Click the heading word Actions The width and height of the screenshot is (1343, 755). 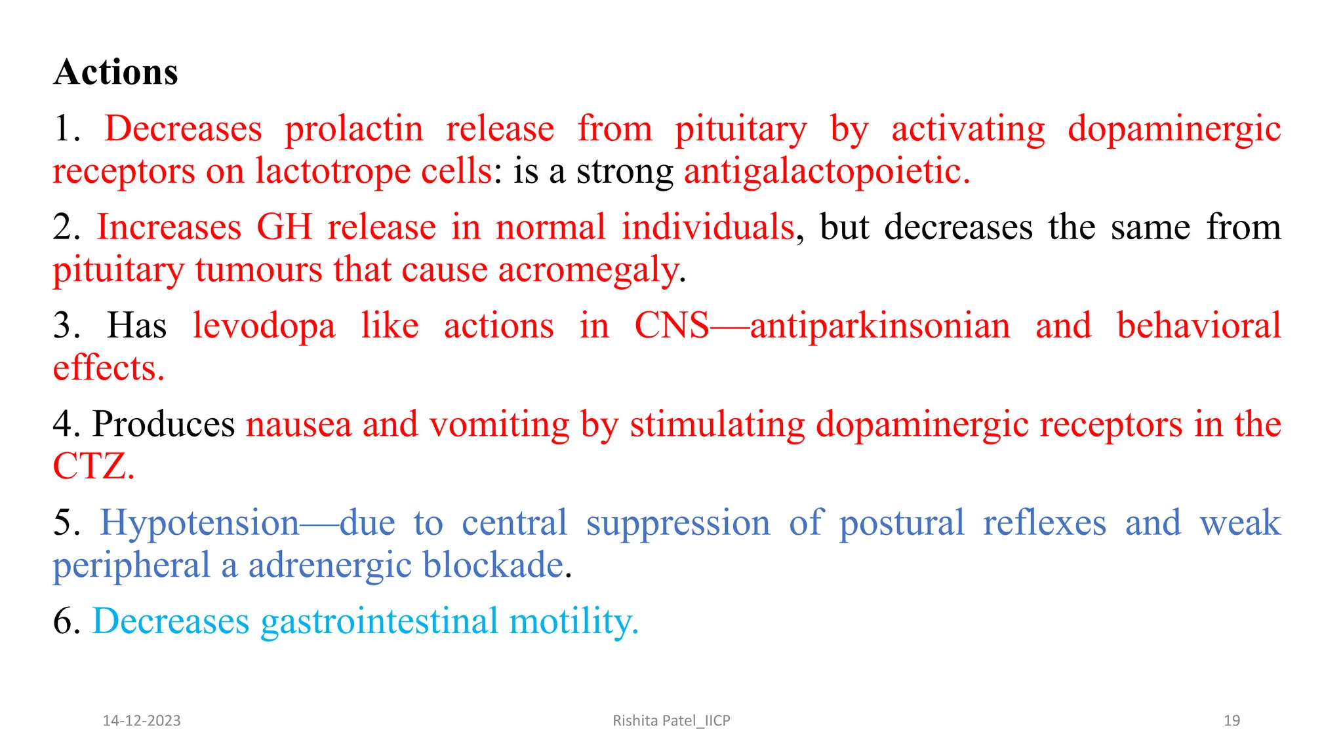click(x=116, y=72)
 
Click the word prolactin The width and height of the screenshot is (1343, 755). click(x=354, y=128)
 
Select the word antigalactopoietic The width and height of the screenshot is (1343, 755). click(x=826, y=172)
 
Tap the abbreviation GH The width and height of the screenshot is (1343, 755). click(x=284, y=227)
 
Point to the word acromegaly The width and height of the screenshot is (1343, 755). click(x=588, y=270)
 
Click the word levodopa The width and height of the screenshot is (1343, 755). click(x=264, y=326)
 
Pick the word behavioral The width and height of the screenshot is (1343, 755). click(x=1199, y=326)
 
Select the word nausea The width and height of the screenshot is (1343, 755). click(x=298, y=424)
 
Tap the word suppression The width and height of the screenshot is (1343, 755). click(x=678, y=524)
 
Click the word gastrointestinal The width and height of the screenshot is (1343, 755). click(x=380, y=621)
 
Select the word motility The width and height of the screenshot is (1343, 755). click(x=573, y=621)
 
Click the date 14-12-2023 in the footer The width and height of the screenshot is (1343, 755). click(x=142, y=721)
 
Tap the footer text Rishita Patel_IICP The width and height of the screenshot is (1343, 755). click(x=671, y=721)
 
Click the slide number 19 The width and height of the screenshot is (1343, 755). click(x=1232, y=721)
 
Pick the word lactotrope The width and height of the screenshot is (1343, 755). click(x=332, y=172)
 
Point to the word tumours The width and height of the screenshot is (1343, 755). click(x=258, y=270)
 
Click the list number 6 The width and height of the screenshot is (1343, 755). click(x=66, y=621)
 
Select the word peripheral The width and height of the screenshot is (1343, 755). click(x=131, y=566)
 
